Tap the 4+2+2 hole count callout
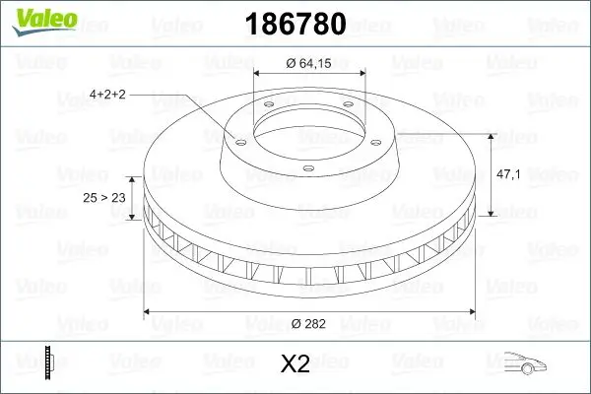[108, 95]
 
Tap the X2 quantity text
[295, 364]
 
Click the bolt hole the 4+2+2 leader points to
[237, 140]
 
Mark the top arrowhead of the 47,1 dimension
[490, 133]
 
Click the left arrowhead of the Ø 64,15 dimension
[259, 74]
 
